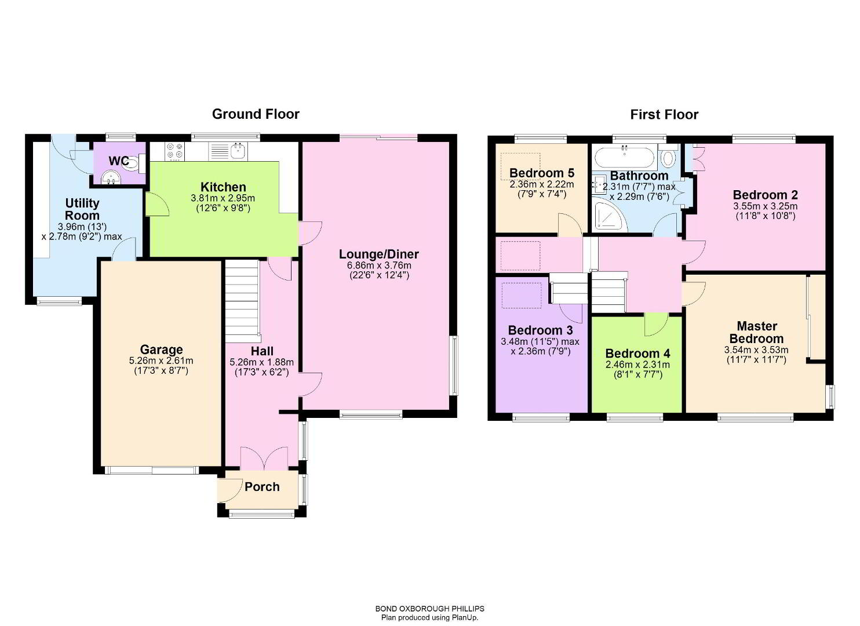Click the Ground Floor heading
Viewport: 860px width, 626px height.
tap(256, 114)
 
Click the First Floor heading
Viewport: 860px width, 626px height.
tap(664, 114)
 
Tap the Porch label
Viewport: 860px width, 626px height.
tap(262, 486)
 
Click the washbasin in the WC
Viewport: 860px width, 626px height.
tap(111, 178)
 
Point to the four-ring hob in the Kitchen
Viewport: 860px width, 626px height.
tap(174, 151)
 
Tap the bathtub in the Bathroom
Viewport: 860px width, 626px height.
tap(624, 156)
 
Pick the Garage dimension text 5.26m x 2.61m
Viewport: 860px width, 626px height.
tap(161, 361)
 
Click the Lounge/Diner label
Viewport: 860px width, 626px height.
tap(379, 254)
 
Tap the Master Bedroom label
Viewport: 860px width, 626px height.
tap(756, 332)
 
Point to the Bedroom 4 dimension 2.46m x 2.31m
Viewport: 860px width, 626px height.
tap(637, 365)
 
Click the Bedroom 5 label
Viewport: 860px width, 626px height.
tap(542, 173)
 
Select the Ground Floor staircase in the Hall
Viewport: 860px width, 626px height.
tap(242, 301)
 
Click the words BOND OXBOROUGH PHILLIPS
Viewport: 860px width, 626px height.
tap(429, 609)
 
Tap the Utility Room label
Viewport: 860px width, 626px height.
tap(82, 209)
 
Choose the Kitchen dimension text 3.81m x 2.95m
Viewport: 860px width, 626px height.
tap(223, 198)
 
